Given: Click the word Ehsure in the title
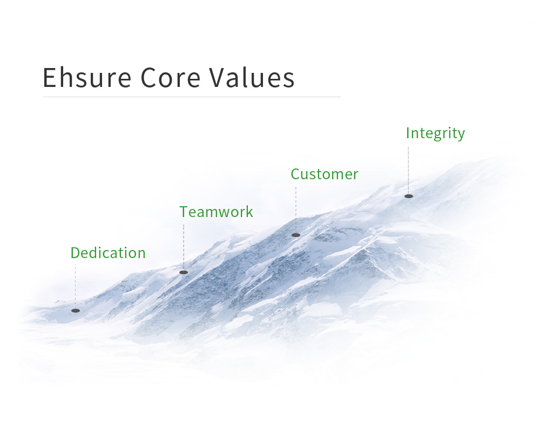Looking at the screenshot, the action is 87,77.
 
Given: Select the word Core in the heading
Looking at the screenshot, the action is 171,78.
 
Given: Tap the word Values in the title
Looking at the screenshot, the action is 252,77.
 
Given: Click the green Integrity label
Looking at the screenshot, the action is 435,133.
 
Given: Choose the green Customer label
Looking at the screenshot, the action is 325,174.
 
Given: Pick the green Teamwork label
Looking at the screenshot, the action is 217,212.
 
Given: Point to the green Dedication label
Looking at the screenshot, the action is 108,253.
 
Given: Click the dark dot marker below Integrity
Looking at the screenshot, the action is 409,196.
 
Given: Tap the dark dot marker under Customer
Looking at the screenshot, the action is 296,235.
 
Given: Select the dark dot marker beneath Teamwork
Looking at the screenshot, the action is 184,272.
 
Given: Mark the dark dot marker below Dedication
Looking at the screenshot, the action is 76,311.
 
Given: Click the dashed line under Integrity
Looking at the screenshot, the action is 408,171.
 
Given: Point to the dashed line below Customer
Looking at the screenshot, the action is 295,210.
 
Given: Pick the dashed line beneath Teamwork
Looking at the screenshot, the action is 184,247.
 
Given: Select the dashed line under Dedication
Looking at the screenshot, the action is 76,286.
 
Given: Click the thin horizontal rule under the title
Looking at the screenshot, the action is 192,97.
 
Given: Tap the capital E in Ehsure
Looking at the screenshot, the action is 49,78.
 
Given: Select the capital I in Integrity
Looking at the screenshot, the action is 408,133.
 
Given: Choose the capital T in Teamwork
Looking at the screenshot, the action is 184,212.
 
